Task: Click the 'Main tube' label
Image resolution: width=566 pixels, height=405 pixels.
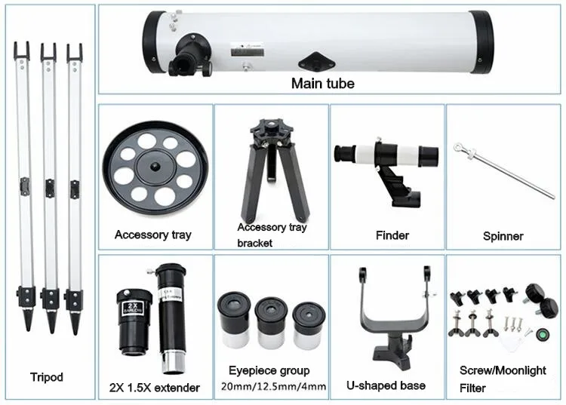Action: tap(322, 83)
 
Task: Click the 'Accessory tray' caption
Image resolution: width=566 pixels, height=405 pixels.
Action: tap(152, 235)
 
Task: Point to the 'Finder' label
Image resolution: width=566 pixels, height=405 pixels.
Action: tap(392, 235)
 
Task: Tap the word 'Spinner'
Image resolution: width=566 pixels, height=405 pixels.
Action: tap(503, 236)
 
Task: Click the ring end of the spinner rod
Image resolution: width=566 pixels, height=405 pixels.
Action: tap(459, 147)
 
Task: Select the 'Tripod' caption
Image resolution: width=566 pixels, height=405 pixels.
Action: tap(47, 377)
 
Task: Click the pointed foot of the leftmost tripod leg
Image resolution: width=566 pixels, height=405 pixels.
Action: tap(27, 323)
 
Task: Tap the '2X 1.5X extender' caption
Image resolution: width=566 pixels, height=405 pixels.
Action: tap(155, 388)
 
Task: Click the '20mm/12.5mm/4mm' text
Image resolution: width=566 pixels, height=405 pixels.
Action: tap(272, 387)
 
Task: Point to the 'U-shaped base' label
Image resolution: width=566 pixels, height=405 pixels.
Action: tap(386, 385)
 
